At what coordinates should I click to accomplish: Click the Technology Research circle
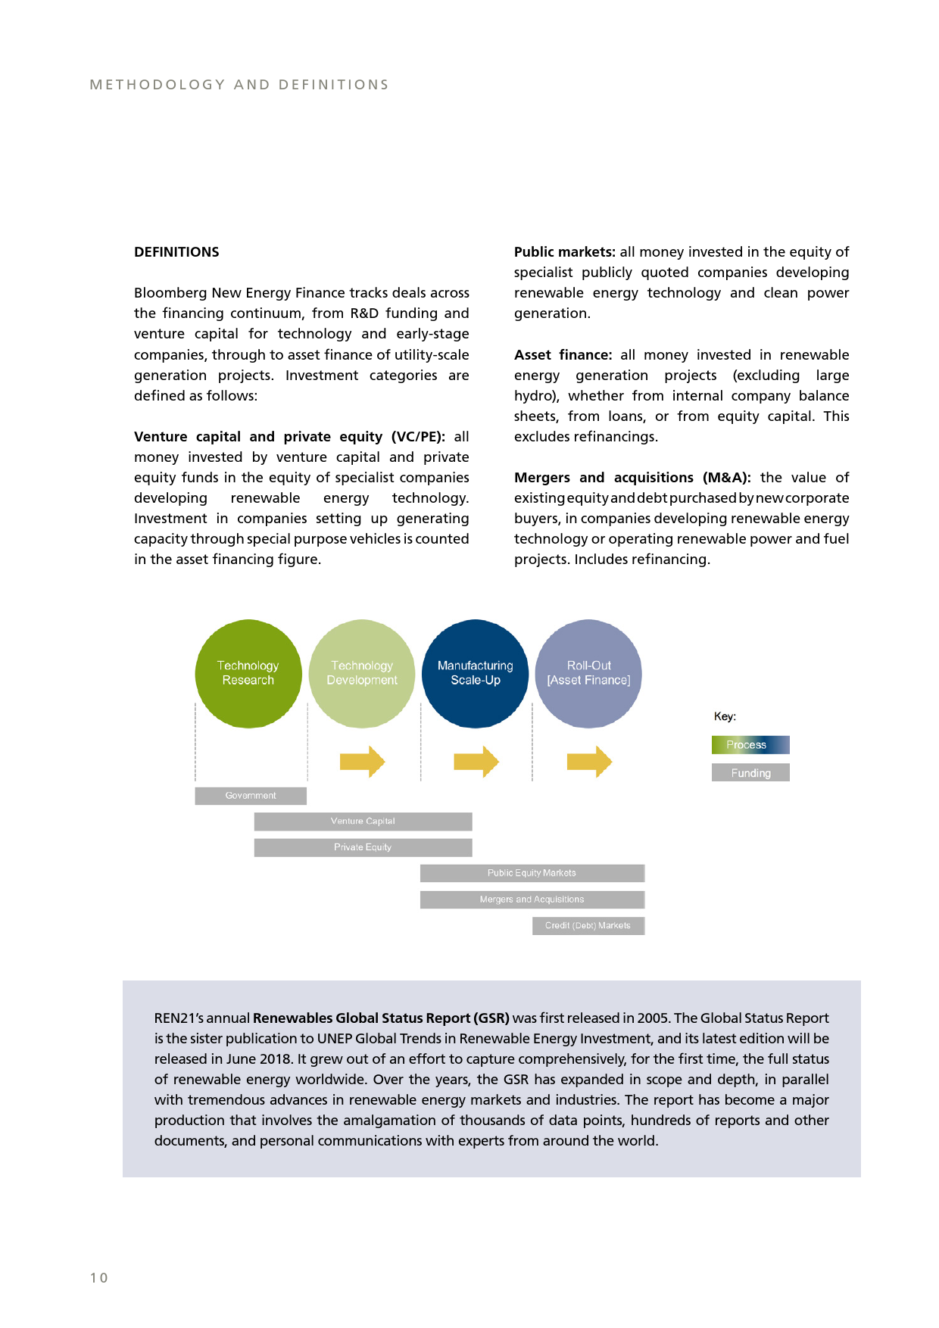248,673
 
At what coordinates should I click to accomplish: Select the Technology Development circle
362,673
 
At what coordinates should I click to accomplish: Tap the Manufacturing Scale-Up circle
476,673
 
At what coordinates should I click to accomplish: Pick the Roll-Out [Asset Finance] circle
588,673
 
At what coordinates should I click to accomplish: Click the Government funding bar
251,796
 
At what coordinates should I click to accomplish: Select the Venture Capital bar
363,821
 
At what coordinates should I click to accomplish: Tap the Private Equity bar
363,847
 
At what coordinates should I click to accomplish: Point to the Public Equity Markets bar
532,873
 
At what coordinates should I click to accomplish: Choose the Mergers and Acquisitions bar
532,899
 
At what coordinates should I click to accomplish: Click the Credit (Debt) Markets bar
588,925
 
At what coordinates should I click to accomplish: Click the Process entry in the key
750,745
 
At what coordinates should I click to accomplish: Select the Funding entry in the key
750,772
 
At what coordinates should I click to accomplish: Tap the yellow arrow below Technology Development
363,762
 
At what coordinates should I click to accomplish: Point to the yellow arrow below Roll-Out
589,762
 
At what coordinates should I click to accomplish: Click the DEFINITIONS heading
176,252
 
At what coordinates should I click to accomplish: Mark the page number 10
99,1278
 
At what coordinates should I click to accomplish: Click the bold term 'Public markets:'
564,252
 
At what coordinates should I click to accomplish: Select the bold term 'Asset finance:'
563,355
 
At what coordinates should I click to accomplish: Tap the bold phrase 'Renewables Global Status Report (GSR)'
381,1018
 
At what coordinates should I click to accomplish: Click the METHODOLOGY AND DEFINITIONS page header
239,85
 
